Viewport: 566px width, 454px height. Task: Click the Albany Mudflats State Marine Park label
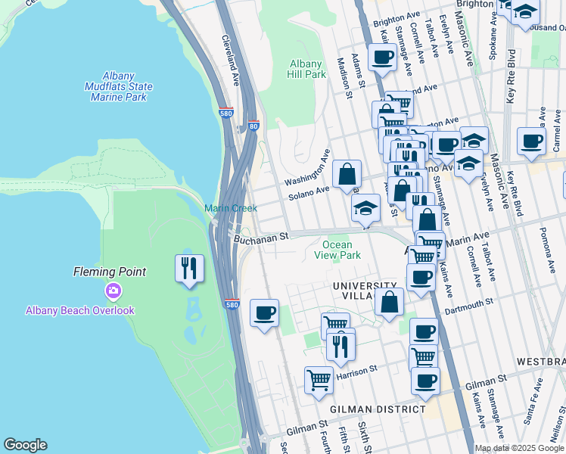(x=118, y=86)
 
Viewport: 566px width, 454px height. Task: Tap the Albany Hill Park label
(x=306, y=69)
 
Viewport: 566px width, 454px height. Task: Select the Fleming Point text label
(x=109, y=272)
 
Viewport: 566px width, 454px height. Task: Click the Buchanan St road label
(x=262, y=237)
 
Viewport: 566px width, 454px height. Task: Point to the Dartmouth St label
(x=468, y=300)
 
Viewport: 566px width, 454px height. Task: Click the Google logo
(x=25, y=445)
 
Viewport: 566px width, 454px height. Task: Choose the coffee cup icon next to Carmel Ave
(x=531, y=140)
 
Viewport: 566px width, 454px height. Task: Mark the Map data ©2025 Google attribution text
(x=519, y=448)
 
